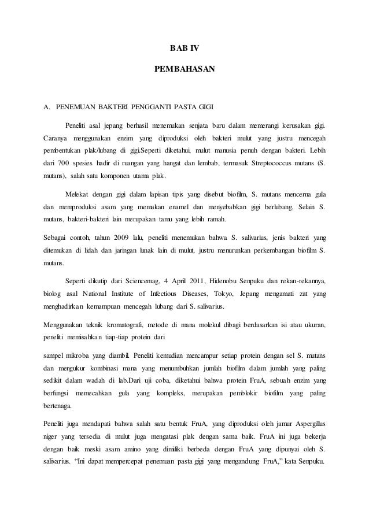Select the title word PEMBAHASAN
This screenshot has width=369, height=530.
184,70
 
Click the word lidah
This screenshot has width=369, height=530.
101,250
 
